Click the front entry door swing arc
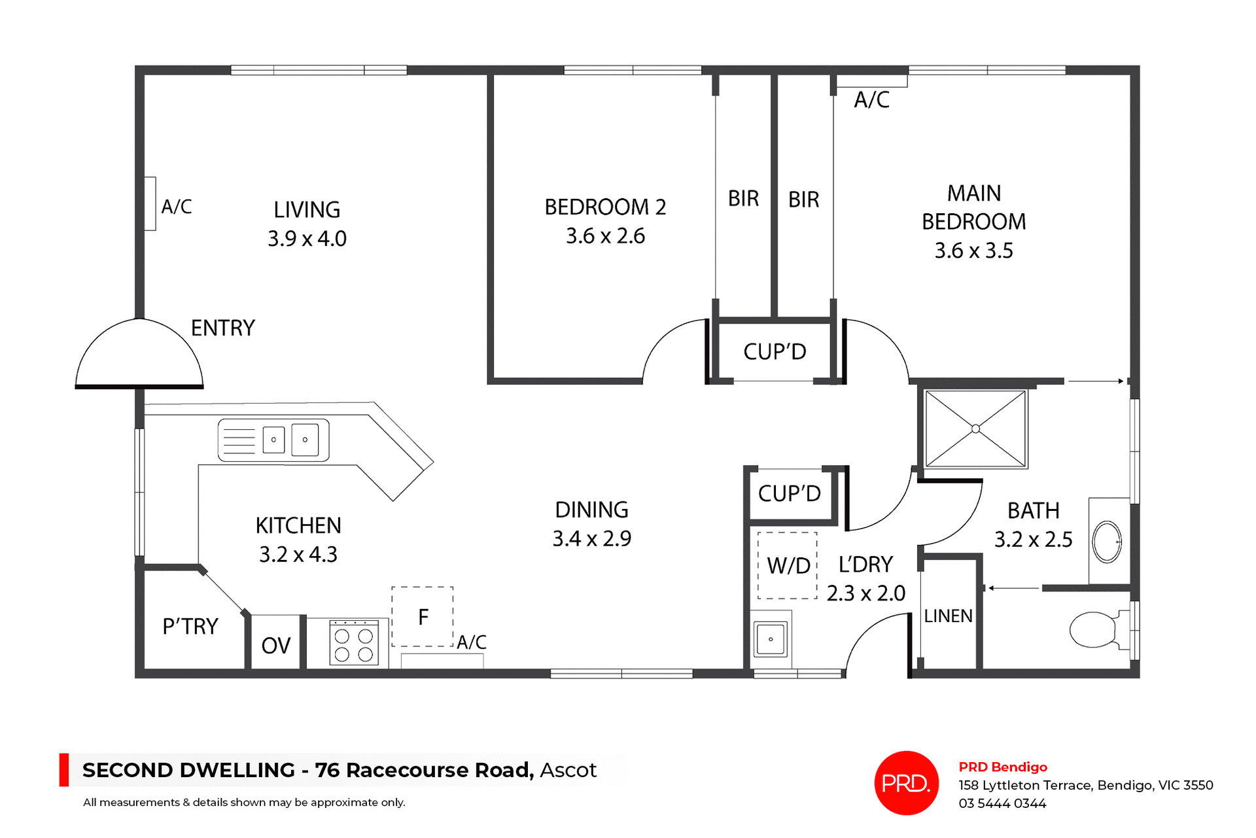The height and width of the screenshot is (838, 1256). [139, 353]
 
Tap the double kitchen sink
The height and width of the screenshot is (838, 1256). [273, 440]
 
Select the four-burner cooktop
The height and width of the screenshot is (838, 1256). [354, 643]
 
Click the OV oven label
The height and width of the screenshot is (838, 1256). [275, 646]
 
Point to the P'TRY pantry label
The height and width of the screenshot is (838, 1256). [190, 626]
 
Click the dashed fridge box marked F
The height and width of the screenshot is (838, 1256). [423, 616]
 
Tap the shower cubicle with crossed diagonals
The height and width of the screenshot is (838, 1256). [975, 429]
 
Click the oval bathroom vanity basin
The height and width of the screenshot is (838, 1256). [1107, 542]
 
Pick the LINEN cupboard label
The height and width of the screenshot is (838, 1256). [948, 616]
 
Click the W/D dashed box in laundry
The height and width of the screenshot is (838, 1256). [788, 565]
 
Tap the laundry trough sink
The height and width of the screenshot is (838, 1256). [771, 638]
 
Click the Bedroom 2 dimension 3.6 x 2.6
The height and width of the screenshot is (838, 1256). [605, 236]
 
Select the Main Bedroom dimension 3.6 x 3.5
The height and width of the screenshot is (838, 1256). [973, 251]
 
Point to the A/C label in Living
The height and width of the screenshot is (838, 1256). [177, 207]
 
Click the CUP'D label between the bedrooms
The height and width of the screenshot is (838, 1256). [775, 352]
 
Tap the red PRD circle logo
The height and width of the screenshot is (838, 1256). [906, 782]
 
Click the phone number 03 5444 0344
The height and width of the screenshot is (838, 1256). [1002, 803]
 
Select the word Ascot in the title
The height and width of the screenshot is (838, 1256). [568, 770]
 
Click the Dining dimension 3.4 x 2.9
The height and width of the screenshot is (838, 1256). [591, 538]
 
